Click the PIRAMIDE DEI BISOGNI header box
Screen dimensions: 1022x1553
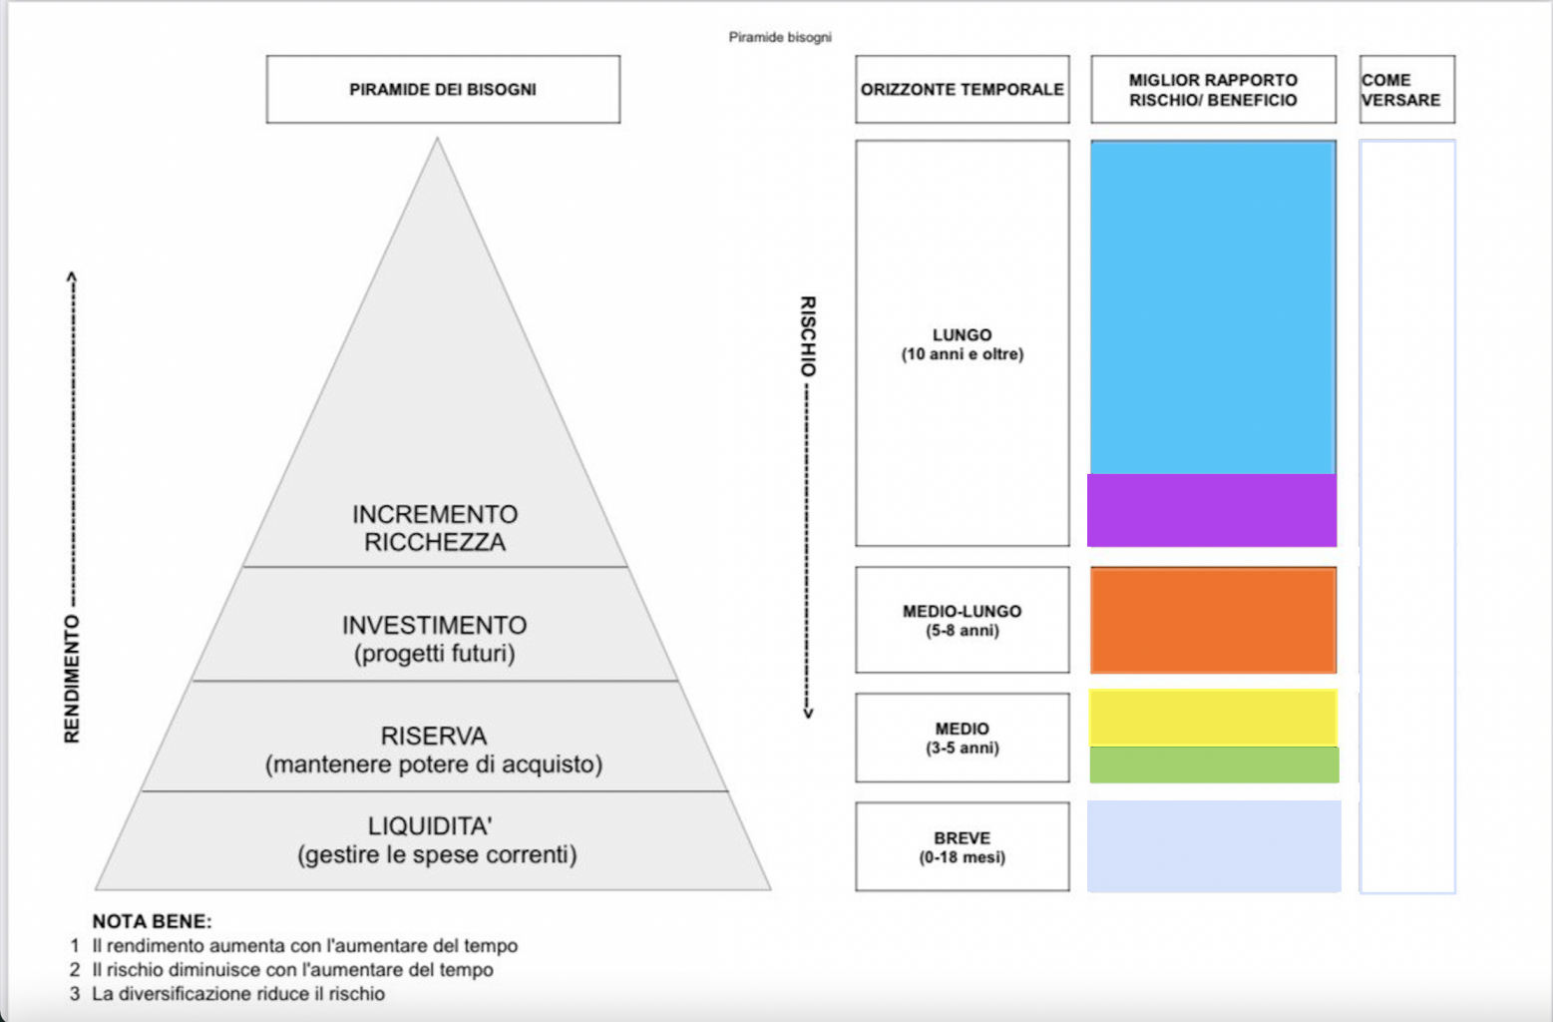coord(443,90)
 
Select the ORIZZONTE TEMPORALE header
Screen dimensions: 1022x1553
coord(962,90)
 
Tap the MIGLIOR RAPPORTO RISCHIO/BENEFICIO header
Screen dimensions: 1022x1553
coord(1213,90)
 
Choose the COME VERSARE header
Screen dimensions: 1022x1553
coord(1405,90)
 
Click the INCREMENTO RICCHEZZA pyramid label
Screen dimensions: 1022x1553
coord(435,528)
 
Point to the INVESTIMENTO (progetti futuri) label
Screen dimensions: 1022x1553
coord(435,639)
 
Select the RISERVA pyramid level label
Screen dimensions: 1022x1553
coord(435,750)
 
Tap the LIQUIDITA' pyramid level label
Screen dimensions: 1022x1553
coord(435,840)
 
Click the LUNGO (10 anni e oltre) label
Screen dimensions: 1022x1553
coord(962,344)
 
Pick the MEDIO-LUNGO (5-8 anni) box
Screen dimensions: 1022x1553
coord(962,620)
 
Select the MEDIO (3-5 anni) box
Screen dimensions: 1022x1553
coord(962,738)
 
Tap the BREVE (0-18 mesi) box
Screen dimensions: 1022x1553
coord(962,846)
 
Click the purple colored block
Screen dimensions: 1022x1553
coord(1212,510)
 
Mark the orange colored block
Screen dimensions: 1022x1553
coord(1213,620)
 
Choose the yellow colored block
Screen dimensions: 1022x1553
coord(1213,717)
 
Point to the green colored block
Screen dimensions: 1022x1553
coord(1214,765)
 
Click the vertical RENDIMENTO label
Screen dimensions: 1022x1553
coord(72,679)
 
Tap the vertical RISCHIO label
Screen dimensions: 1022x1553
coord(808,336)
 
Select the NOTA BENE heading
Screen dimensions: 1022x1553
coord(152,921)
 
